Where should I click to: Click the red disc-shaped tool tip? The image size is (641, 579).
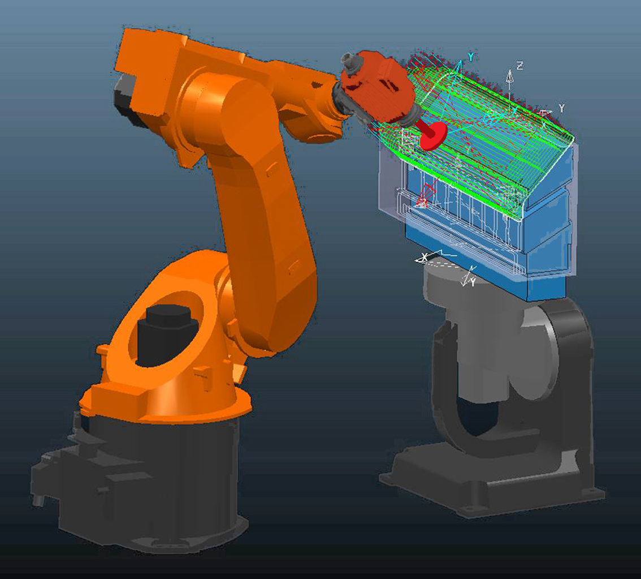434,135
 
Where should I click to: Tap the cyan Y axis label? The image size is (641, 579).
471,57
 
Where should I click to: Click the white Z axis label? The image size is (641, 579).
519,66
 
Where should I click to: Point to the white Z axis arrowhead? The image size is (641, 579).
510,74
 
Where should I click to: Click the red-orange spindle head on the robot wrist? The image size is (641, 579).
376,86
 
